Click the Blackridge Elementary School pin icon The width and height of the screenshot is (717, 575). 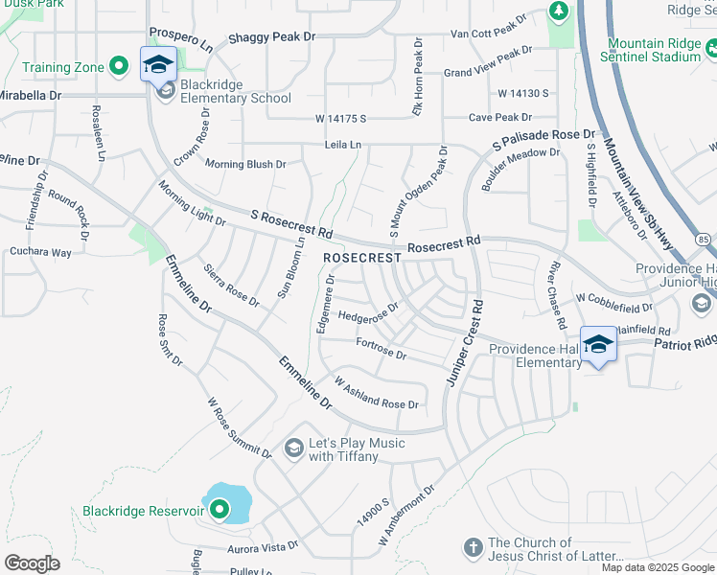pyautogui.click(x=158, y=65)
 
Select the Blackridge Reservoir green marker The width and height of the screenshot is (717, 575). pyautogui.click(x=220, y=511)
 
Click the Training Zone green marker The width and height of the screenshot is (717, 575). pyautogui.click(x=119, y=66)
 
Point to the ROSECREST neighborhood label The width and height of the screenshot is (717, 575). pyautogui.click(x=361, y=259)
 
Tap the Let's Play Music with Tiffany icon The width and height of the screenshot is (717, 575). pyautogui.click(x=294, y=448)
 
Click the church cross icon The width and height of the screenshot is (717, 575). pyautogui.click(x=472, y=548)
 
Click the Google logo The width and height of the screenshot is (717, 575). pyautogui.click(x=32, y=563)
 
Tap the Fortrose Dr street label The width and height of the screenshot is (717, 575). pyautogui.click(x=382, y=348)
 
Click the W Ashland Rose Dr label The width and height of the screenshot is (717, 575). pyautogui.click(x=376, y=393)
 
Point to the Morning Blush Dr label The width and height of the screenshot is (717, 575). pyautogui.click(x=245, y=164)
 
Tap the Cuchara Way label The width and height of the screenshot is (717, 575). pyautogui.click(x=40, y=253)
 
